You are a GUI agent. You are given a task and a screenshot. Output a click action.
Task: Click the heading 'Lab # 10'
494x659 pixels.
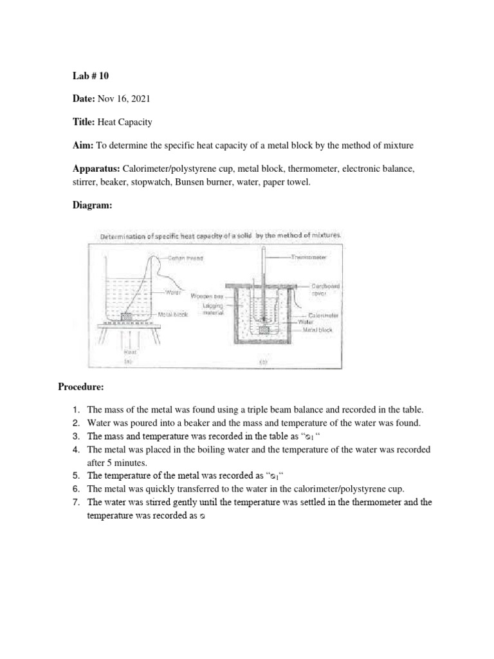pos(90,76)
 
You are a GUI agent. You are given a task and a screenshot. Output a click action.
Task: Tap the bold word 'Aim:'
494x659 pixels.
pos(82,146)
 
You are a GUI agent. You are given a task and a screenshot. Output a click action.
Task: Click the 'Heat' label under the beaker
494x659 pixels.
pos(129,353)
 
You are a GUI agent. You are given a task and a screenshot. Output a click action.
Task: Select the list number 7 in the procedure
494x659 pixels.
pos(75,502)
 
